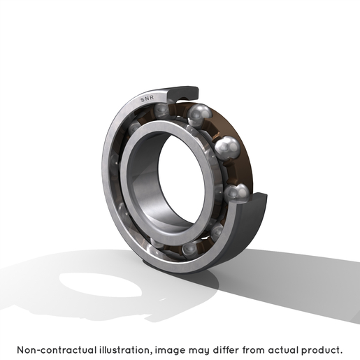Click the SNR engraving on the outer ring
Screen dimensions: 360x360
tap(147, 99)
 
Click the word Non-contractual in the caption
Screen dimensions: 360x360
tap(57, 350)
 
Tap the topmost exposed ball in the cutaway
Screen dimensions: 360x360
tap(199, 115)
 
